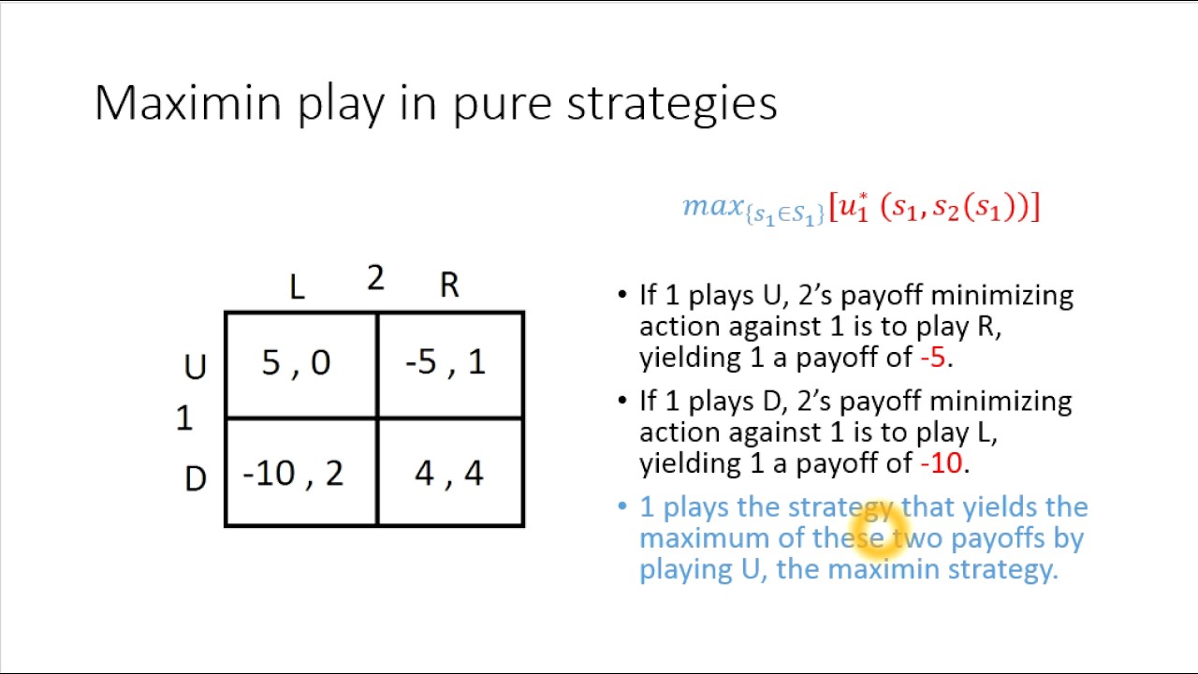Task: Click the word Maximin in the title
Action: [187, 103]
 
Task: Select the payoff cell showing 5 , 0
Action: [297, 363]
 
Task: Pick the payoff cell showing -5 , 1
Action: [446, 363]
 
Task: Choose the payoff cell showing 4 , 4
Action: [448, 474]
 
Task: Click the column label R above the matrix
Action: [449, 286]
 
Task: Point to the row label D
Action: [195, 479]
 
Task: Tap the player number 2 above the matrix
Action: [375, 278]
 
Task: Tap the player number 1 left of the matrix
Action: [184, 418]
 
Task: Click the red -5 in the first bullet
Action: [933, 358]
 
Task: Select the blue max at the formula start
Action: [712, 206]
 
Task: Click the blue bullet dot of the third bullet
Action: [622, 506]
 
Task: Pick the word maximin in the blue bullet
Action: [884, 569]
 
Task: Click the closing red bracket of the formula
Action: [1033, 207]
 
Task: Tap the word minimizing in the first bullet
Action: [1001, 296]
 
